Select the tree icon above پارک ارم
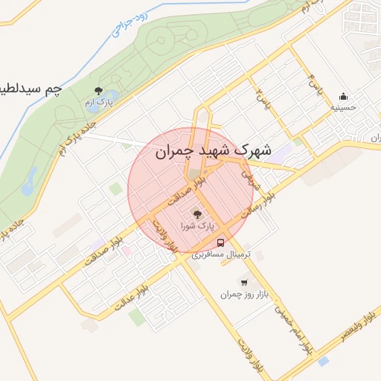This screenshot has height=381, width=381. click(99, 89)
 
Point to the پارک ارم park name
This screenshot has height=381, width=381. click(99, 101)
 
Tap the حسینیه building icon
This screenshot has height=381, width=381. click(343, 95)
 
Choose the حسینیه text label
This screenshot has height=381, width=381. click(343, 106)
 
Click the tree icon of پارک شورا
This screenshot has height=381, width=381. click(197, 213)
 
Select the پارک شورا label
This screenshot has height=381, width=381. click(198, 224)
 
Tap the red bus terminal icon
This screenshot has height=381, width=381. click(221, 243)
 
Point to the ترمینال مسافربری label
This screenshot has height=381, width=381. click(221, 254)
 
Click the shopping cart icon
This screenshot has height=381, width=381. click(243, 282)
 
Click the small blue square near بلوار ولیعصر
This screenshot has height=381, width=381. click(322, 361)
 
